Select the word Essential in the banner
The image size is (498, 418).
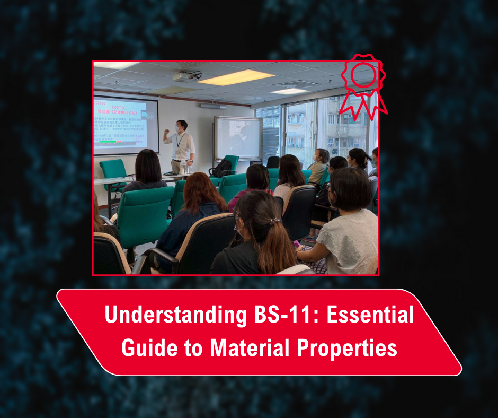click(x=370, y=316)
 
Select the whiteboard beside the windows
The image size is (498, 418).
click(x=237, y=137)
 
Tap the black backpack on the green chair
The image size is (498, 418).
click(x=222, y=168)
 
